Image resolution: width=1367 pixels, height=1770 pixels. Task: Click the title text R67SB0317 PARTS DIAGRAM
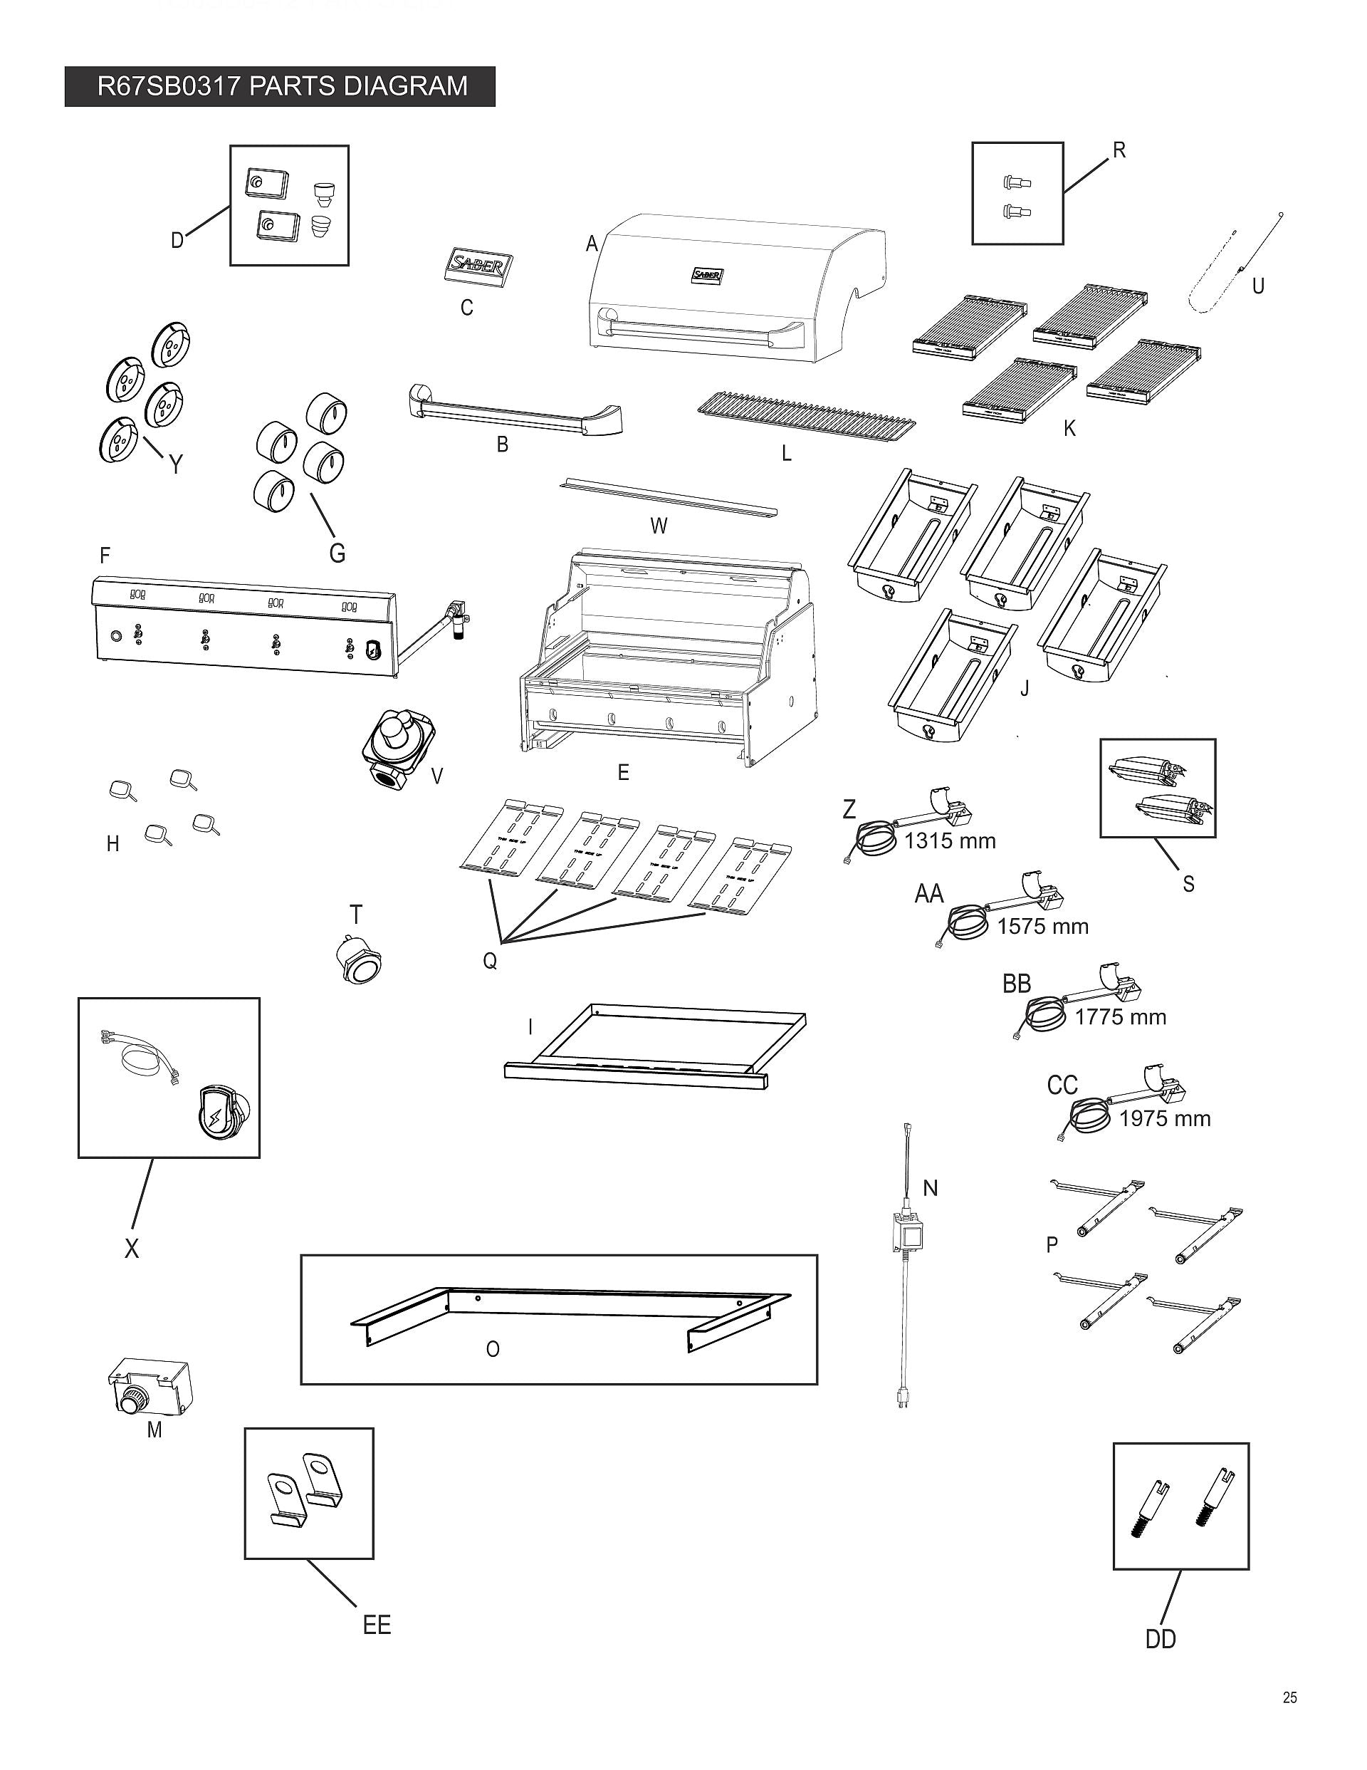click(281, 86)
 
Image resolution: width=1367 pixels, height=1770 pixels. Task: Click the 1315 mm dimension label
click(949, 840)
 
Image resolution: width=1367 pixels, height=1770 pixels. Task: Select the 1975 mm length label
click(1163, 1118)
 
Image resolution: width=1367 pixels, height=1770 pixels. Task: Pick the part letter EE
click(377, 1625)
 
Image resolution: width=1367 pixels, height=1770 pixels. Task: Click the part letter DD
click(1160, 1639)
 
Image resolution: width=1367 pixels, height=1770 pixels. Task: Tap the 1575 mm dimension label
click(1042, 927)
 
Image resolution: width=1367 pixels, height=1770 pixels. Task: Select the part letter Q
click(489, 961)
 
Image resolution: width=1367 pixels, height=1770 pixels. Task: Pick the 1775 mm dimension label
click(1120, 1017)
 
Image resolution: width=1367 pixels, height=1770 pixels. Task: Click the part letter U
click(1257, 286)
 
